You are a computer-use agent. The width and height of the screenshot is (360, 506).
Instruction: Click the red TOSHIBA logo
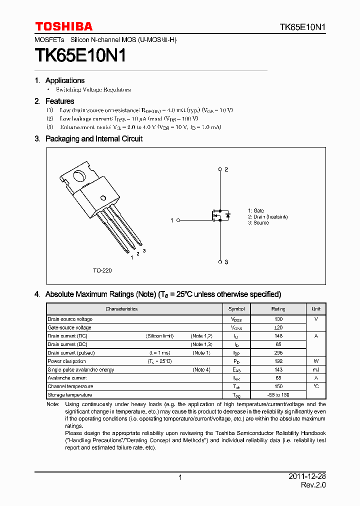click(x=63, y=26)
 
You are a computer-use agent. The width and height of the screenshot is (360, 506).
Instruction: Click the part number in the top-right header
click(x=302, y=27)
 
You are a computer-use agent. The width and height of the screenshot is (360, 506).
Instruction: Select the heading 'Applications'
click(x=65, y=80)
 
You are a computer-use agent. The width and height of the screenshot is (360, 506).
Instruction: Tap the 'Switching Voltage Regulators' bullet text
click(x=93, y=90)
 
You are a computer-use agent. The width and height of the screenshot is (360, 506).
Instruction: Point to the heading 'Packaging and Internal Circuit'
click(x=93, y=139)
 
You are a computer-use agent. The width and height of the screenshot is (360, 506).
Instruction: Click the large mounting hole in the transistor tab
click(x=79, y=176)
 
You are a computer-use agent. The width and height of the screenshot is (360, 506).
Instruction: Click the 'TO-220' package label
click(x=102, y=270)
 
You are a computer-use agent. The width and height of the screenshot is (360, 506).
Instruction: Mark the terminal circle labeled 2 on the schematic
click(x=220, y=169)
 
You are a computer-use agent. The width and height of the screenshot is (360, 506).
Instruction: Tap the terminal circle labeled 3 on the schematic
click(x=220, y=261)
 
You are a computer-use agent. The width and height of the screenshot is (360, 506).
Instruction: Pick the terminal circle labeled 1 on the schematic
click(x=177, y=220)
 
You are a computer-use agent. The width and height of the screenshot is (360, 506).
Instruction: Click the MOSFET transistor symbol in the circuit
click(x=219, y=215)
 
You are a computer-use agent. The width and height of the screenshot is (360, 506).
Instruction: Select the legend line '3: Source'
click(x=258, y=223)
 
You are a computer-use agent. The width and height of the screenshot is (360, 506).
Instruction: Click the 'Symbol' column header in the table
click(x=236, y=309)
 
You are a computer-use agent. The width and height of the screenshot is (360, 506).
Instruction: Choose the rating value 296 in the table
click(x=278, y=353)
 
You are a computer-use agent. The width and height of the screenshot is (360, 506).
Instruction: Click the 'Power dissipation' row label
click(x=66, y=361)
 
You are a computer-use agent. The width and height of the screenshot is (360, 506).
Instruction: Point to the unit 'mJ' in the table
click(x=316, y=370)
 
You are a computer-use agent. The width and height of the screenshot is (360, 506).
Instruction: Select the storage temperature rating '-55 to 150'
click(x=278, y=395)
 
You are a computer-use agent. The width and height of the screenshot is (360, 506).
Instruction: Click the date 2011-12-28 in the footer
click(x=307, y=477)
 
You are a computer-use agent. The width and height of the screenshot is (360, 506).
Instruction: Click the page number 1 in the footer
click(x=180, y=478)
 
